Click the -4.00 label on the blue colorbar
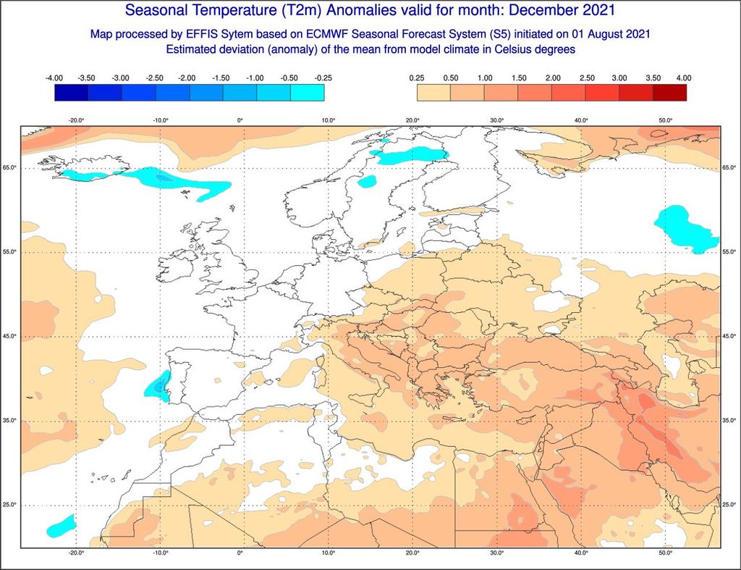point(54,77)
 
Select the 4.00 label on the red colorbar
point(684,77)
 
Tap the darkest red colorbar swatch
point(669,93)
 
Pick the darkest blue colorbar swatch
point(71,93)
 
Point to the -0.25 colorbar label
point(323,77)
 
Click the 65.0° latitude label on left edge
point(9,168)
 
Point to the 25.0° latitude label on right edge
point(730,505)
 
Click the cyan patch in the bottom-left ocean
point(61,526)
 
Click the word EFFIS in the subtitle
point(200,34)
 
